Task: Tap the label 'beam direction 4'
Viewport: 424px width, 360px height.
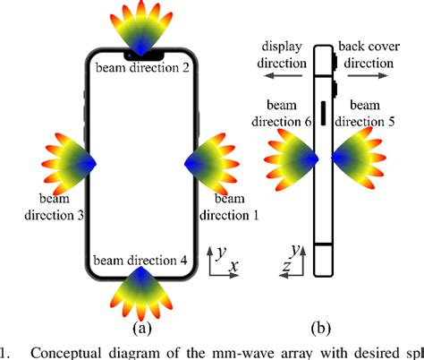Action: (139, 261)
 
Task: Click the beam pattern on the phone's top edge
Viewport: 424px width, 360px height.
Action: (136, 27)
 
